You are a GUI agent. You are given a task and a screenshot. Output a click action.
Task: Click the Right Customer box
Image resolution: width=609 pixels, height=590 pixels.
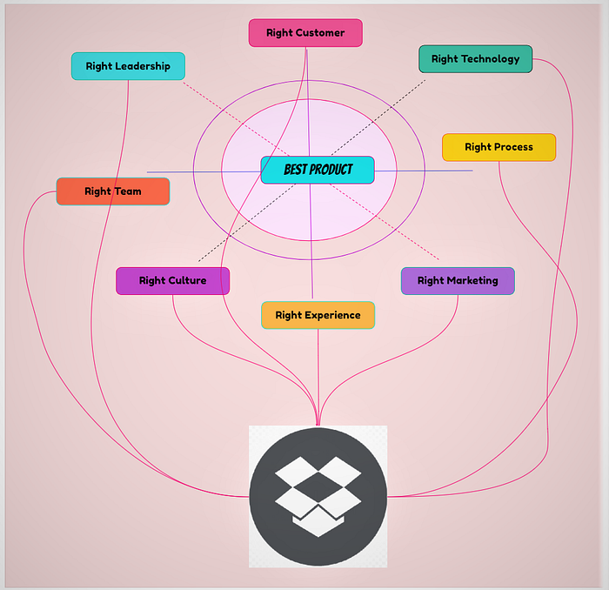point(305,33)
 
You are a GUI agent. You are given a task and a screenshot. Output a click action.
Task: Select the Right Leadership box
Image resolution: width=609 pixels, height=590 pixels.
point(128,66)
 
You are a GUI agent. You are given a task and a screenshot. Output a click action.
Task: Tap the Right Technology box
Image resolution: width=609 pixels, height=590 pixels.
point(475,59)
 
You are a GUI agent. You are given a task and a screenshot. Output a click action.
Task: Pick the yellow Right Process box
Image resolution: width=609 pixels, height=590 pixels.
point(499,147)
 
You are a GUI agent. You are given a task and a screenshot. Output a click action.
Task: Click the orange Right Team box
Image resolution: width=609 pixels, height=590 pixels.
point(113,191)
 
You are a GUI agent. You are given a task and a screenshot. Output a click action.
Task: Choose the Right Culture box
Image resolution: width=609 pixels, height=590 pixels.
point(172,280)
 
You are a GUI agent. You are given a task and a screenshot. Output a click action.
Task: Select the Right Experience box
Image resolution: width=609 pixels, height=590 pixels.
point(318,315)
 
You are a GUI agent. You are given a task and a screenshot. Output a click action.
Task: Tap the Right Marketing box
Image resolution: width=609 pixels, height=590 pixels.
point(458,280)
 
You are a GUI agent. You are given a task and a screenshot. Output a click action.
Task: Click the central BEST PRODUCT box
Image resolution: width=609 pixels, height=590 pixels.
point(318,170)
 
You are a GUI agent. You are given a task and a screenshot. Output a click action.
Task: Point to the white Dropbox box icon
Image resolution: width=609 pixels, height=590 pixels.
point(318,498)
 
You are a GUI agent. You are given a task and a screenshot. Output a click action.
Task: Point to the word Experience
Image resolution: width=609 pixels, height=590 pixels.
point(332,315)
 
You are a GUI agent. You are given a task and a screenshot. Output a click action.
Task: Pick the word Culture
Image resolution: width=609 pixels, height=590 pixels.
point(187,280)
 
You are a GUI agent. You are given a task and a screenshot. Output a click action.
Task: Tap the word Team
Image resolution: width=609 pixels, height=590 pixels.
point(127,191)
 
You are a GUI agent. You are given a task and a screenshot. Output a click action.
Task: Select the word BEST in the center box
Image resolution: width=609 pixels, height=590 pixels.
point(297,170)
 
